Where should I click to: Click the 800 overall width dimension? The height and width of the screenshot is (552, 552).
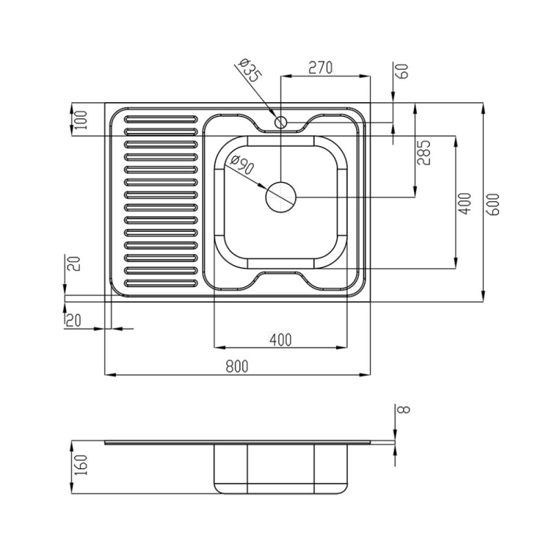[237, 366]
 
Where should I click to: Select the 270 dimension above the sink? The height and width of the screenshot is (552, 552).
[320, 68]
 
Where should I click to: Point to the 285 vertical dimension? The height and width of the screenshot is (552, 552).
[424, 152]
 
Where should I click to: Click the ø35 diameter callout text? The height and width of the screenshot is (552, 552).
[250, 70]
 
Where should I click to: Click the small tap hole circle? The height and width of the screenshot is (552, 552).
[281, 123]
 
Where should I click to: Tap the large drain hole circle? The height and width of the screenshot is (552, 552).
[281, 197]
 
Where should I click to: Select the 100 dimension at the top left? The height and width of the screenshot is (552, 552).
[81, 119]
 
